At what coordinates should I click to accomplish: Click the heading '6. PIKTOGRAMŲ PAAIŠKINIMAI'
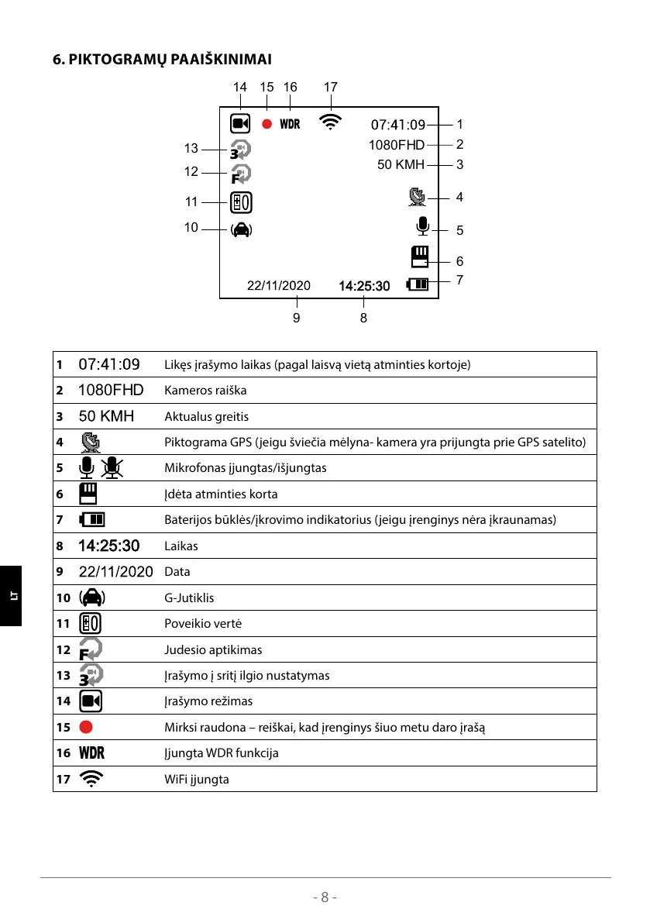(x=161, y=59)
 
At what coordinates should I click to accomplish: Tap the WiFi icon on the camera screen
(x=331, y=122)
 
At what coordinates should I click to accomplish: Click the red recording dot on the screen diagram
(x=267, y=124)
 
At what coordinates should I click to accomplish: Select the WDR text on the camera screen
(x=290, y=124)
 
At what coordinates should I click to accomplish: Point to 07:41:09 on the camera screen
(x=398, y=124)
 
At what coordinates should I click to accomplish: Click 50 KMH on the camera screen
(x=401, y=164)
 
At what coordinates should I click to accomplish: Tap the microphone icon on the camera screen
(x=422, y=226)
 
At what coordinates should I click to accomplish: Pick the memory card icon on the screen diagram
(x=420, y=257)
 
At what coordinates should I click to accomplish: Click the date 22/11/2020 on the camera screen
(x=278, y=285)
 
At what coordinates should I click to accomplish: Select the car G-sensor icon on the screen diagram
(x=241, y=229)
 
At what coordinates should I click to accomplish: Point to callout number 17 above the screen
(x=331, y=88)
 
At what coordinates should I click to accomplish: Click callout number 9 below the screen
(x=297, y=317)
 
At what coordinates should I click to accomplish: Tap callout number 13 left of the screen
(x=191, y=149)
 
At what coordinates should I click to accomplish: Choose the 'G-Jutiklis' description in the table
(x=189, y=598)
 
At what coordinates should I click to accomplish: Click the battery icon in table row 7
(x=92, y=519)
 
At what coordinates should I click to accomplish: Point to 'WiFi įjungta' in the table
(x=196, y=779)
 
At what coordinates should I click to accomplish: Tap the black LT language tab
(x=11, y=595)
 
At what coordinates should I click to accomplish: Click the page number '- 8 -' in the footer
(x=325, y=897)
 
